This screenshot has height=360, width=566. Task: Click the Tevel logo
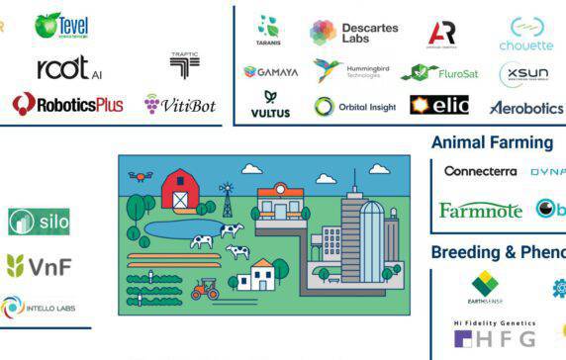(x=62, y=25)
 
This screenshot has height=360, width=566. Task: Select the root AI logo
(x=69, y=67)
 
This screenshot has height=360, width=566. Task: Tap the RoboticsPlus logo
(x=67, y=104)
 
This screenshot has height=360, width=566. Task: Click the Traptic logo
(x=184, y=65)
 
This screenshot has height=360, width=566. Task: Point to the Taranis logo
(x=266, y=30)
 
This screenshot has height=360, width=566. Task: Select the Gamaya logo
(x=270, y=71)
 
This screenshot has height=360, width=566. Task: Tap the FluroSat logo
(x=432, y=72)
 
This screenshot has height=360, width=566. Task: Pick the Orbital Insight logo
(x=355, y=106)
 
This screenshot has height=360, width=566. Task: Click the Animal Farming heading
(x=492, y=142)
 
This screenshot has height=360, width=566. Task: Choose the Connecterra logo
(x=480, y=171)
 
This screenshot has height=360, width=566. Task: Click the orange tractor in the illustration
(x=205, y=289)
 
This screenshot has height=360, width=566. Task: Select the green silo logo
(x=40, y=222)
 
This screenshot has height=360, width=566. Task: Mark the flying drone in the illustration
(x=141, y=177)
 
